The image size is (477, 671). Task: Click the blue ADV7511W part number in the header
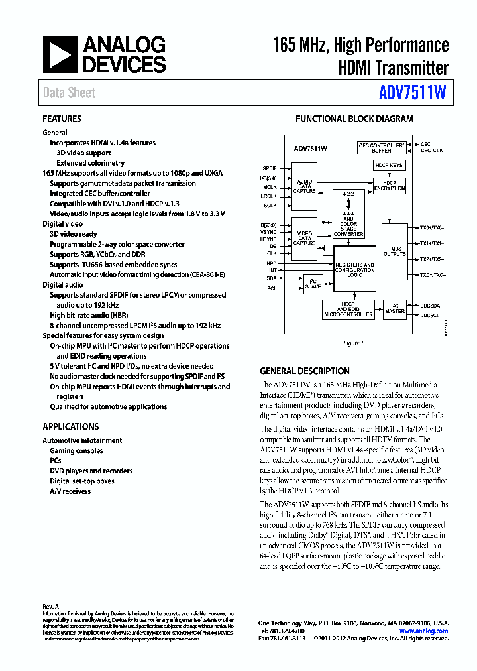pos(413,93)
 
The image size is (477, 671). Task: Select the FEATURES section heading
pos(62,119)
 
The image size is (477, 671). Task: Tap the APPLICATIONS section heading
pos(70,426)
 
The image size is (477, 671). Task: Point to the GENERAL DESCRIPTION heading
pos(304,371)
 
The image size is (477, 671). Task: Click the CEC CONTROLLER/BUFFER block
pos(381,147)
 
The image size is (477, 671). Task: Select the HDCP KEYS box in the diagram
pos(388,165)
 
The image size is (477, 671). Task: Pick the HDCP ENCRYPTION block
pos(389,186)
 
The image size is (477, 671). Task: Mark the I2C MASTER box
pos(395,308)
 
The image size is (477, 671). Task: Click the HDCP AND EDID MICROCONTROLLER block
pos(349,310)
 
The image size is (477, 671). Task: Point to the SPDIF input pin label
pos(270,168)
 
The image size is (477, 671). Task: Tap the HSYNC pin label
pos(269,238)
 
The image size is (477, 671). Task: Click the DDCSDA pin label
pos(430,305)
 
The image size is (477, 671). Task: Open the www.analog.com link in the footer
pos(424,631)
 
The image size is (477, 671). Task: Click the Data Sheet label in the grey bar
pos(69,93)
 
